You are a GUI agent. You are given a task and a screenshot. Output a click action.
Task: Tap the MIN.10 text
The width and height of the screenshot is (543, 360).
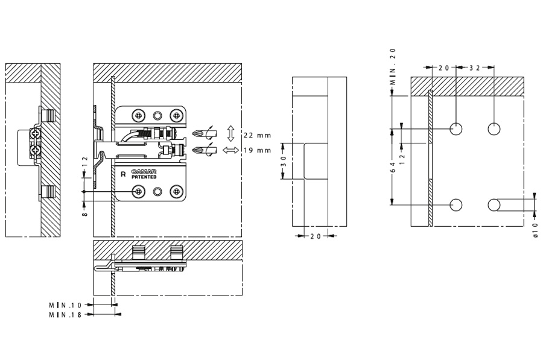tap(65, 306)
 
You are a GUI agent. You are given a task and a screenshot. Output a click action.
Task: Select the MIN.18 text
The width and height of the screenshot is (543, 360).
tap(65, 314)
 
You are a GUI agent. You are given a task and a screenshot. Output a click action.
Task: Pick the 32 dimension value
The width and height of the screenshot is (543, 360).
tap(474, 68)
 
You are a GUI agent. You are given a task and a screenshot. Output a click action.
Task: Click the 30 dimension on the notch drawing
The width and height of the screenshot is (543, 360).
tap(283, 161)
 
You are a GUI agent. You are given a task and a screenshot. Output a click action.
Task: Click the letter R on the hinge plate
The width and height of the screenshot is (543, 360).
tap(123, 174)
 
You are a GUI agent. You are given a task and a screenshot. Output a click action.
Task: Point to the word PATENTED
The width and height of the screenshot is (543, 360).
tap(144, 177)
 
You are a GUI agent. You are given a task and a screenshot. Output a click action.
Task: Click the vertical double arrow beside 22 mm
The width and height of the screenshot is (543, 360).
tap(230, 133)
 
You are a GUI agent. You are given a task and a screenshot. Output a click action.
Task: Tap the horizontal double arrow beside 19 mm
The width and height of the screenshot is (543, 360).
tap(230, 150)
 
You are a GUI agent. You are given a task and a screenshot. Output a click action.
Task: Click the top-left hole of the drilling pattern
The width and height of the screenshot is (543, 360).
tap(456, 129)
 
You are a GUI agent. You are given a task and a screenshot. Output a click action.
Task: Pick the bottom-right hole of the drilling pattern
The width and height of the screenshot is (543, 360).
tap(494, 204)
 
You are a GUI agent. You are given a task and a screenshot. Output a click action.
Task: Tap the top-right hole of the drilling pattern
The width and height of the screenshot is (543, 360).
tap(494, 129)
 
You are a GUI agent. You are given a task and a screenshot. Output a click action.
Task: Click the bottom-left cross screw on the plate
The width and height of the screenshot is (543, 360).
tap(139, 192)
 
